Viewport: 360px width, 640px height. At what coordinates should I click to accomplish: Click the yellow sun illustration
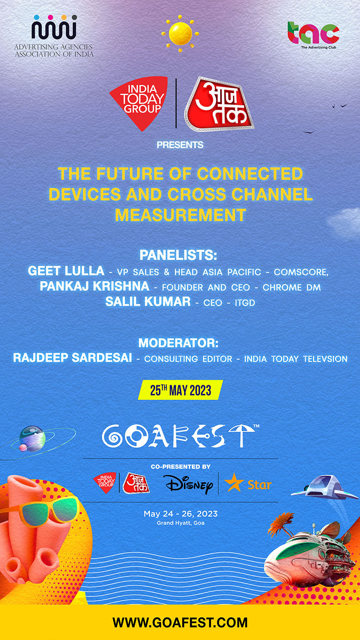180,34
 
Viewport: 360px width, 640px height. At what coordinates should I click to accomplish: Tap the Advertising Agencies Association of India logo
54,36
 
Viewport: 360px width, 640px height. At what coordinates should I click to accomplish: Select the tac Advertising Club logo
314,35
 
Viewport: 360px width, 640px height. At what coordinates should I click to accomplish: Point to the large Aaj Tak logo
219,104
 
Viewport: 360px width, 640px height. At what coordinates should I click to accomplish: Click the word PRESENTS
180,145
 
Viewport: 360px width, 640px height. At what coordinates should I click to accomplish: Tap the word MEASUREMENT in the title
180,215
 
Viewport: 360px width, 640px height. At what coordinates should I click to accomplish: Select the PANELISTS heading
178,255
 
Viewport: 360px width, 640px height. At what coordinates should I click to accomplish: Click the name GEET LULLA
66,271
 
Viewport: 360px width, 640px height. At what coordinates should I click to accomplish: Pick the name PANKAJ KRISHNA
94,286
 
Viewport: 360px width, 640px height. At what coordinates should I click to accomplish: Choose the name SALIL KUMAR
148,302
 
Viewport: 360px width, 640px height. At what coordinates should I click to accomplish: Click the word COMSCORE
301,272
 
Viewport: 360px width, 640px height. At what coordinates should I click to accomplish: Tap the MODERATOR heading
178,343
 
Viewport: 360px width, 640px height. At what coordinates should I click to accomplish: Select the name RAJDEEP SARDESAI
72,358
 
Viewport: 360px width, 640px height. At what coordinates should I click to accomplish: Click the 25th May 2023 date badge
180,390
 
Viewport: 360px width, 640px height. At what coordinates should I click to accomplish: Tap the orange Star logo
247,484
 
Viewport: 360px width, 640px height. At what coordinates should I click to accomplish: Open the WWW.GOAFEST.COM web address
180,622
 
